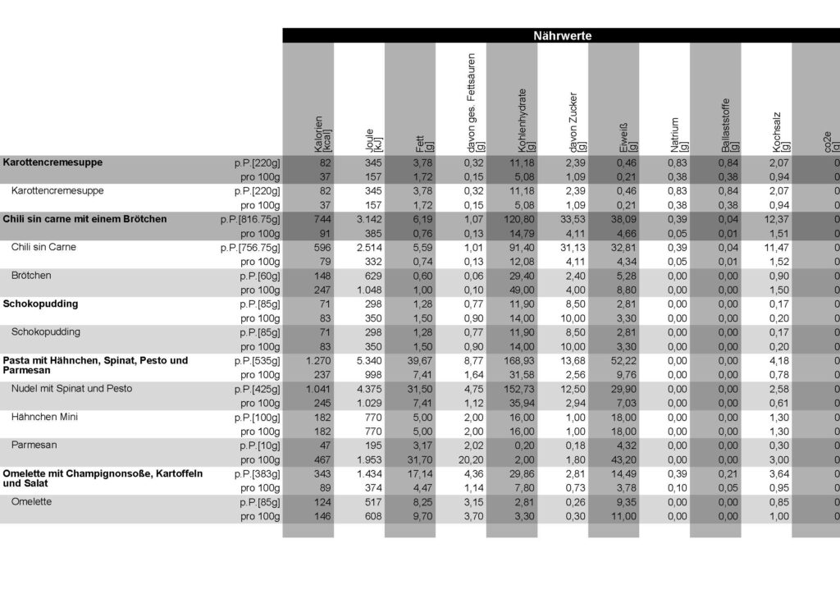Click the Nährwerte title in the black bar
562,36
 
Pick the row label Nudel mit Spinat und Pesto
71,388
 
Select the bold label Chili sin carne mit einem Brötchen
84,219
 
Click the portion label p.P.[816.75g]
249,219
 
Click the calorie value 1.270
317,360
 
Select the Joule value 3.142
368,219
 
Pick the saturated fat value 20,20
472,459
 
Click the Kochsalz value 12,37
776,219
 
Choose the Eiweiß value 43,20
624,459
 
